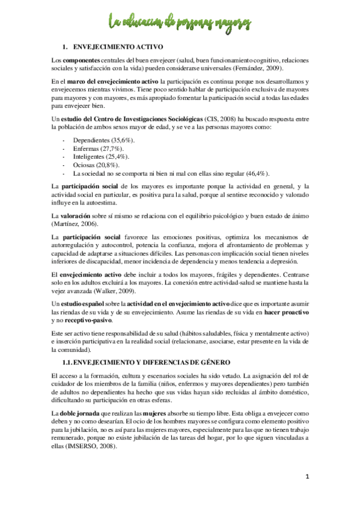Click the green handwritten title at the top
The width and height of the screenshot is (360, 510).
pos(180,23)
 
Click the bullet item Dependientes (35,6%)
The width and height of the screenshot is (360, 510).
pos(103,140)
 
